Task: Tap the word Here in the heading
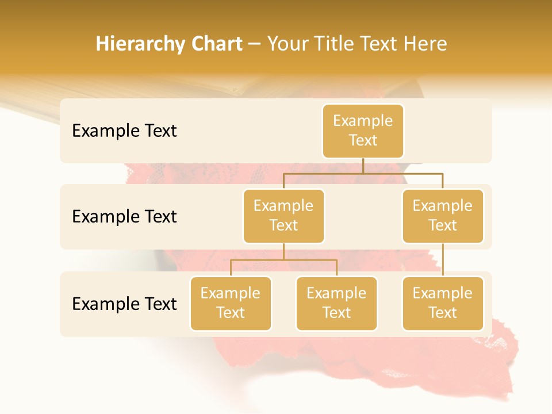(x=425, y=44)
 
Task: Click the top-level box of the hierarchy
(x=363, y=131)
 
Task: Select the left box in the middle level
(x=283, y=216)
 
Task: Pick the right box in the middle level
(x=443, y=216)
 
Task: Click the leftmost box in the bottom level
(x=231, y=304)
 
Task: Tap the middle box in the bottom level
(x=336, y=304)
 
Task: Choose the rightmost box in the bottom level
(x=443, y=304)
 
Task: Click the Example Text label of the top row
(x=124, y=131)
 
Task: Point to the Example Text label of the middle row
(x=124, y=217)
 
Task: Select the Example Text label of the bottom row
(x=124, y=304)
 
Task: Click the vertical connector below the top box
(x=363, y=166)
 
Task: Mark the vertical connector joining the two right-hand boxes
(x=443, y=260)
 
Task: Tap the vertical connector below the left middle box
(x=283, y=251)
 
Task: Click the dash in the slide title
(x=255, y=45)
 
